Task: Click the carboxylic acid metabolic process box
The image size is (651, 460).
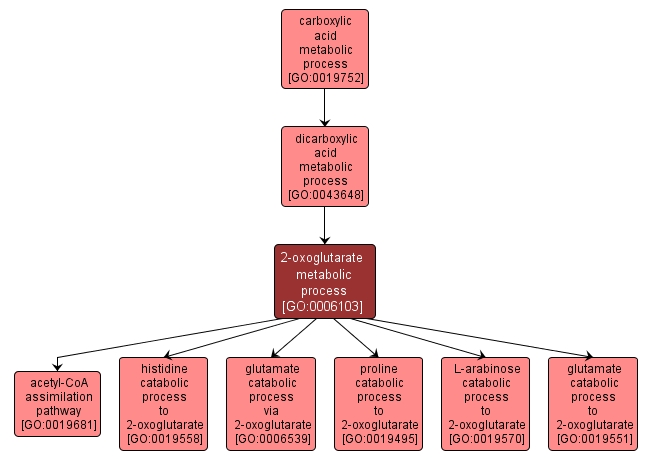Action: coord(325,47)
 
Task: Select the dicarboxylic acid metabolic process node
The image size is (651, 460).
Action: coord(325,165)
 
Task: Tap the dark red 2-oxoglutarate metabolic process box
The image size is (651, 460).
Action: coord(325,281)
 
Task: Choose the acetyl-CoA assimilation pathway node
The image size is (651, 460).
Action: coord(58,403)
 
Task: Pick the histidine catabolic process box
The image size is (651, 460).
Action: coord(165,403)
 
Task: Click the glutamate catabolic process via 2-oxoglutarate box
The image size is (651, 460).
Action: coord(272,403)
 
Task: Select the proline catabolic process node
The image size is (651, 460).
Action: coord(379,403)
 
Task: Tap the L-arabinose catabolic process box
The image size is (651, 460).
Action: coord(486,403)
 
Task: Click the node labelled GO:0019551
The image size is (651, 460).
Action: coord(593,403)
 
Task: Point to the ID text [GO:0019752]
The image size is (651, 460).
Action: coord(325,76)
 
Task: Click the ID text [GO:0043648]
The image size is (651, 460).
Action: coord(325,194)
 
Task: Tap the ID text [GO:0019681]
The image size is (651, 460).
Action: coord(58,424)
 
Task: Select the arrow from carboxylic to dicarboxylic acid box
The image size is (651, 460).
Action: coord(325,106)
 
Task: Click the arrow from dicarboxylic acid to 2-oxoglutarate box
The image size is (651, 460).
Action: coord(325,224)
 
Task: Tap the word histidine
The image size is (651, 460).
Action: coord(165,368)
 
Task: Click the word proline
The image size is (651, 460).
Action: coord(379,368)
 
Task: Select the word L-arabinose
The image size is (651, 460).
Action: coord(486,368)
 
